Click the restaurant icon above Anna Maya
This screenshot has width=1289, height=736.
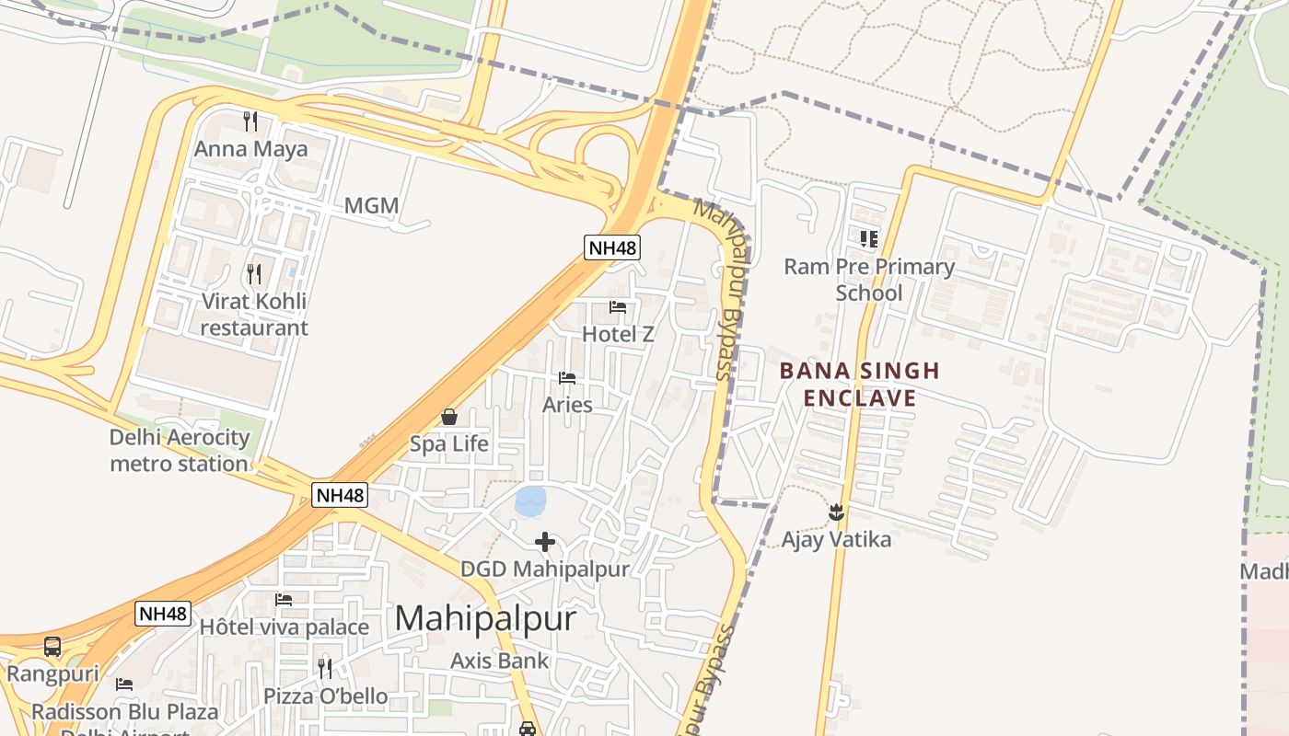coord(250,121)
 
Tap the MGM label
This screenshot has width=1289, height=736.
coord(372,205)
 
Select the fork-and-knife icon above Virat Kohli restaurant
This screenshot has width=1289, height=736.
coord(254,273)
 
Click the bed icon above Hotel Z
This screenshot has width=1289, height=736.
coord(618,306)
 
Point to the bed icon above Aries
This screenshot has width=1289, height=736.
coord(567,378)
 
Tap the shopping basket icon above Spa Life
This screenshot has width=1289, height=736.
coord(449,417)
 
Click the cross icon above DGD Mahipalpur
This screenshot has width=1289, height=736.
coord(545,542)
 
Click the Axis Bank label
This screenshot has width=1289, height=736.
coord(499,661)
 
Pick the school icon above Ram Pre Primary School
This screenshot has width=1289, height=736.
coord(868,239)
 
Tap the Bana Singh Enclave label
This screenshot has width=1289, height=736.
coord(859,385)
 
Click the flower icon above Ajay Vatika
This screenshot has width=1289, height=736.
coord(836,511)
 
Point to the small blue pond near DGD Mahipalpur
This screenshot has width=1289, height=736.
coord(531,501)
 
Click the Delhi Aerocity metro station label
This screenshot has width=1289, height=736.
coord(179,450)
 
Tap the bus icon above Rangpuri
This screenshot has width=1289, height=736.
coord(52,646)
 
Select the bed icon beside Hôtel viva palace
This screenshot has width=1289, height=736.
coord(284,600)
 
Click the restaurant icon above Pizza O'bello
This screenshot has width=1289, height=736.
coord(325,668)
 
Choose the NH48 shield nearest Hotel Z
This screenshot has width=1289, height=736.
coord(611,247)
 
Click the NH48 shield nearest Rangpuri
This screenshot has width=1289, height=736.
coord(163,614)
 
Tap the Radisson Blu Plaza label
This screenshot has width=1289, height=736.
coord(125,712)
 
